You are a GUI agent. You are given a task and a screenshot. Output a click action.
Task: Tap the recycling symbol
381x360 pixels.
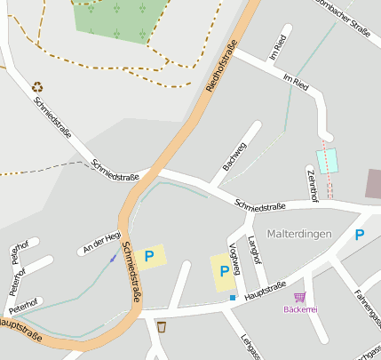37,87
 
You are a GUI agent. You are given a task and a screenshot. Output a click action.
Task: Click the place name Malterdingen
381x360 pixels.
298,233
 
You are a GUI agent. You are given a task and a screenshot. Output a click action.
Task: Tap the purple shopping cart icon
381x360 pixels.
300,297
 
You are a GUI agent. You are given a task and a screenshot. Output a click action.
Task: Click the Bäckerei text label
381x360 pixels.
300,309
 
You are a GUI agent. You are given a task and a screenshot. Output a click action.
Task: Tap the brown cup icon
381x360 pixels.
161,327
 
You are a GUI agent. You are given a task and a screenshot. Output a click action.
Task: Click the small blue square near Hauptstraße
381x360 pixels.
233,297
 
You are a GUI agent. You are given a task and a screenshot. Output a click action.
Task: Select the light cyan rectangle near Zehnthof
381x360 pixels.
328,161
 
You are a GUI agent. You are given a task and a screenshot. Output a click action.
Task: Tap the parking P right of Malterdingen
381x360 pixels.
359,235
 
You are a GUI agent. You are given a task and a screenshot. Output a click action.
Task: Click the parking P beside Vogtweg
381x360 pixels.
225,270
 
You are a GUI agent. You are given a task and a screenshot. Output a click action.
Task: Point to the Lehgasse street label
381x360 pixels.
250,346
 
